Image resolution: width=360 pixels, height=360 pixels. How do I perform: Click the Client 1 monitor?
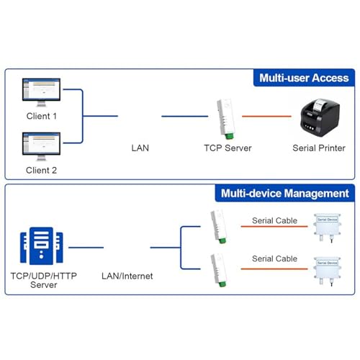coord(41,92)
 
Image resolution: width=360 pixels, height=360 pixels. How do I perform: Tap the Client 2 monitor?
coord(41,146)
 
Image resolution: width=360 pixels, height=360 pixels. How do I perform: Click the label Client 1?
coord(42,116)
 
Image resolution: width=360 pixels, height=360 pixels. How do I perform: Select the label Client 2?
coord(41,171)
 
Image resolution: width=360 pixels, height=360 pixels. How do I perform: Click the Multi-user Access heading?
coord(304,78)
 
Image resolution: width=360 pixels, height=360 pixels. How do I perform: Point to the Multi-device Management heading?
coord(285,194)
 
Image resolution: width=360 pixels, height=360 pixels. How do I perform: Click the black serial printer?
coord(320,117)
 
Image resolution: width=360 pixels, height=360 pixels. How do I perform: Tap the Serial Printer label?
coord(319,148)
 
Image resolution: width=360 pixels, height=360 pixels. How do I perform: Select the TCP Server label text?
coord(228,148)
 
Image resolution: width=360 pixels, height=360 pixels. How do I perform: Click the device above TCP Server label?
coord(225,119)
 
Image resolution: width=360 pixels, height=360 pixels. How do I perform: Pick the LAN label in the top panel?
coord(140,148)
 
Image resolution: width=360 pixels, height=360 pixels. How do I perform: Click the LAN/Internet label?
coord(127,276)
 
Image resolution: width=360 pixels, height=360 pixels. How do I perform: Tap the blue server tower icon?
coord(42,246)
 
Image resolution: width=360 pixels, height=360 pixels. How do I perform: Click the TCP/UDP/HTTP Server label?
coord(44,280)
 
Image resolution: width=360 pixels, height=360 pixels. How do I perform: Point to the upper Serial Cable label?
coord(274,220)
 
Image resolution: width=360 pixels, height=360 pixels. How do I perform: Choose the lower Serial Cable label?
coord(274,258)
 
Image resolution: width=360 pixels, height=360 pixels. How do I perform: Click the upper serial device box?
coord(327,228)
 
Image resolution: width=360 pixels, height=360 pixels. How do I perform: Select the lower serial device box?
coord(327,271)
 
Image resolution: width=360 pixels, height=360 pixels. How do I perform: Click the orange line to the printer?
coord(266,116)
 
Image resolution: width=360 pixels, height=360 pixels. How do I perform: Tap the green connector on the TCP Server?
coord(229,136)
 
